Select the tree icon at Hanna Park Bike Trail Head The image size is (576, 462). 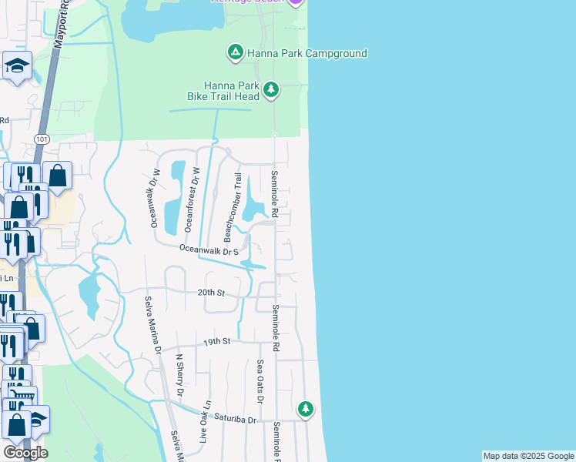pos(270,90)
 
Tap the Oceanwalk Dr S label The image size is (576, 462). pos(209,250)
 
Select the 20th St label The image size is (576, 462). pos(210,293)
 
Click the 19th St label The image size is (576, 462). pos(217,340)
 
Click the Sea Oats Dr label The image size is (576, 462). pos(260,381)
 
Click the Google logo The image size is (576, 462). pos(25,452)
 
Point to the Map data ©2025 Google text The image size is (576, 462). pos(528,456)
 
